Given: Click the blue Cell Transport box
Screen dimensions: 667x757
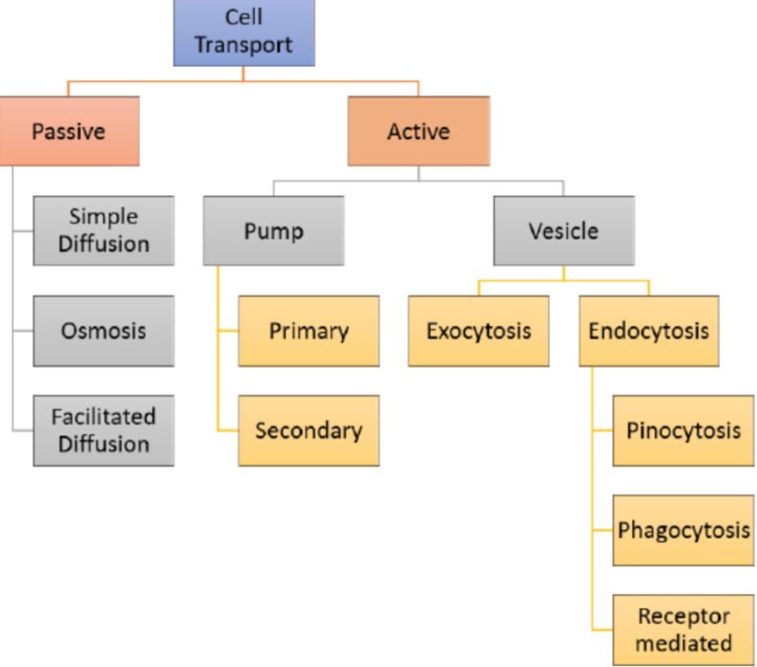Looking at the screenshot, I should pyautogui.click(x=243, y=33).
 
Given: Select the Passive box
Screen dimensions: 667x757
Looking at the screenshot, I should pyautogui.click(x=69, y=131).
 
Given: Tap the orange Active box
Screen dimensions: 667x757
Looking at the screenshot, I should pyautogui.click(x=418, y=131).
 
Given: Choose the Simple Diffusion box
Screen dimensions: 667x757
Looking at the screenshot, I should pyautogui.click(x=103, y=231).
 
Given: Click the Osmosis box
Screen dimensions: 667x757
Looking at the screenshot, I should pyautogui.click(x=103, y=331).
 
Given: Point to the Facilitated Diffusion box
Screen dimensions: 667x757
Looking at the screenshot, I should pyautogui.click(x=103, y=431).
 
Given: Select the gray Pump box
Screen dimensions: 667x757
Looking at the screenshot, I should pyautogui.click(x=273, y=231).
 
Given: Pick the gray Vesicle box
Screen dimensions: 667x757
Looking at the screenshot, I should pyautogui.click(x=563, y=231).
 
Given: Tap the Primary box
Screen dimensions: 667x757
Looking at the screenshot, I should pyautogui.click(x=309, y=331).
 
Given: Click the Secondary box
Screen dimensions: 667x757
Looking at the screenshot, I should pyautogui.click(x=309, y=431).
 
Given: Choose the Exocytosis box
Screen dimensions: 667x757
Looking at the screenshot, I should pyautogui.click(x=478, y=331).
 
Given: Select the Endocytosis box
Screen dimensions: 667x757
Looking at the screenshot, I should pyautogui.click(x=649, y=331).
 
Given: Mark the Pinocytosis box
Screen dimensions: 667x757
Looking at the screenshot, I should pyautogui.click(x=683, y=431).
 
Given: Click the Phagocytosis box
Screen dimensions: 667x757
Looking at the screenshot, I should pyautogui.click(x=683, y=530).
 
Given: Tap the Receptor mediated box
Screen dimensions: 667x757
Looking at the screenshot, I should pyautogui.click(x=683, y=631).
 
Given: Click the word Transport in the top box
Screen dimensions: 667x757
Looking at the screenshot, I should pyautogui.click(x=243, y=45).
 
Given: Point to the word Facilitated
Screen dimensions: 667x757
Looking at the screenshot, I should pyautogui.click(x=103, y=417).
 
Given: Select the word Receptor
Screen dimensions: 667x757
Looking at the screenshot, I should pyautogui.click(x=683, y=617).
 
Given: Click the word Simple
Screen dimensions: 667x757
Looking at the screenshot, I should pyautogui.click(x=103, y=217).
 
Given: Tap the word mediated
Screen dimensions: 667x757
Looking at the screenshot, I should pyautogui.click(x=683, y=644).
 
